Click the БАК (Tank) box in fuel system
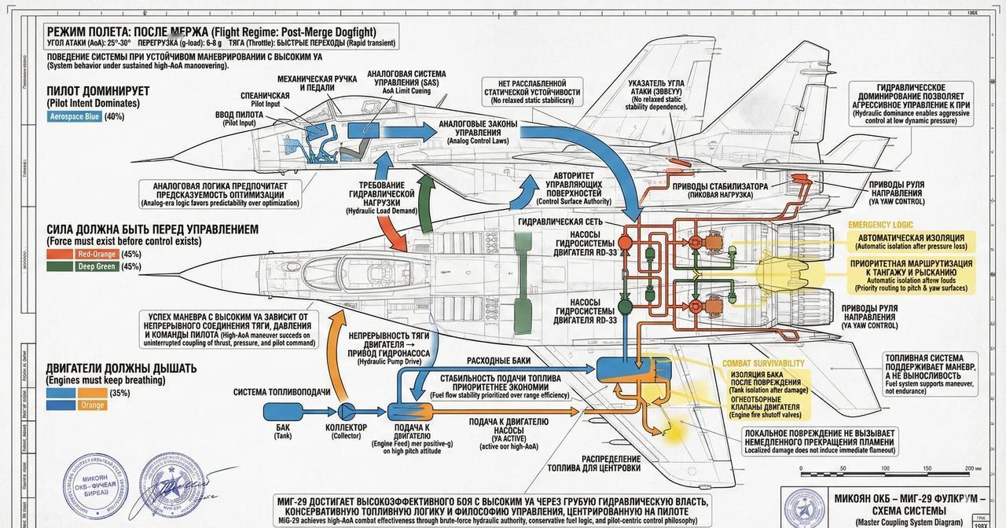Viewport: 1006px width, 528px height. [283, 411]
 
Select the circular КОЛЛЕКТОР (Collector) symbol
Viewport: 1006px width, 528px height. [347, 411]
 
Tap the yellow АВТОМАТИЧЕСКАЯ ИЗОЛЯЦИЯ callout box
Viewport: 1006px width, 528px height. [911, 241]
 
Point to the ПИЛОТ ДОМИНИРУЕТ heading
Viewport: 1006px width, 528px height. [98, 91]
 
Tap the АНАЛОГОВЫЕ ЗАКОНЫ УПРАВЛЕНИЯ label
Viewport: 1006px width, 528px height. [478, 130]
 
